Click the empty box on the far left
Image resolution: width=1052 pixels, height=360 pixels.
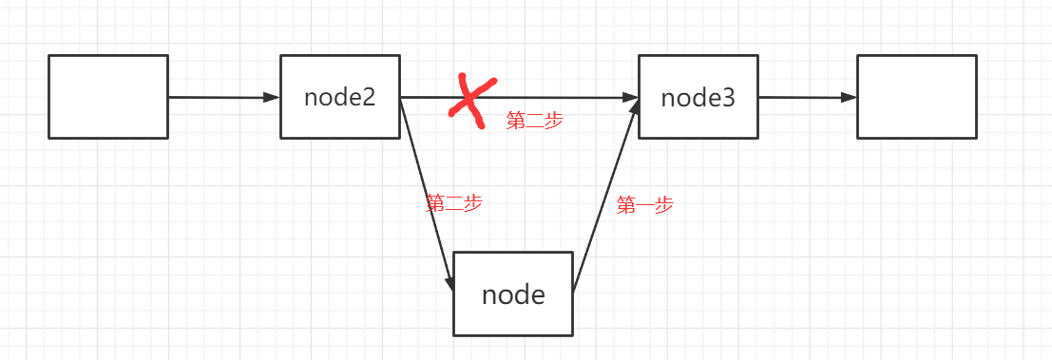(108, 97)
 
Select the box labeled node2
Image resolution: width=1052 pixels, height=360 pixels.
(340, 97)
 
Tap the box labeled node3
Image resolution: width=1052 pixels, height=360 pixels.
(698, 97)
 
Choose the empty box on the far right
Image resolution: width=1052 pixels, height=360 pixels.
(916, 97)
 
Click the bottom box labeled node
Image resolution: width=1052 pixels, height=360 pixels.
(513, 294)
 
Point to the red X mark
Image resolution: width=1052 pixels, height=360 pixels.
(467, 97)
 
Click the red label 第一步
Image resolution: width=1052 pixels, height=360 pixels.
(644, 204)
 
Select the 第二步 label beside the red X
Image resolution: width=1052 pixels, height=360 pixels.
(534, 121)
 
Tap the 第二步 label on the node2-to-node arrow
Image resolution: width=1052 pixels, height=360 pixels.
(454, 202)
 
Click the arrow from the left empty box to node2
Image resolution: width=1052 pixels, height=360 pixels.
(223, 97)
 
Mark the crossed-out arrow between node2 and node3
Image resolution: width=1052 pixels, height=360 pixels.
(561, 97)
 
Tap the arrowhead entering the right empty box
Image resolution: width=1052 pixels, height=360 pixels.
(851, 97)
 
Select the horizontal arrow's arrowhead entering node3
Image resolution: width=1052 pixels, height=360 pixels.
(631, 97)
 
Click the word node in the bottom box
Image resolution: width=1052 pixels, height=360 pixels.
(513, 294)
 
